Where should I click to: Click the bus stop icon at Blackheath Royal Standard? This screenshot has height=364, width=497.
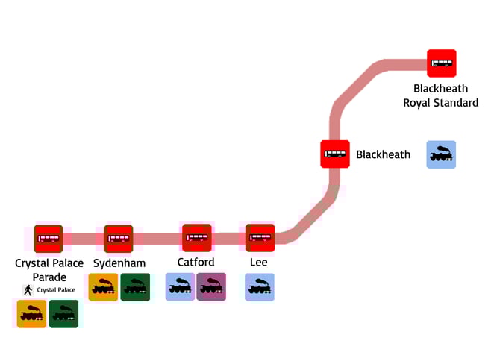click(x=441, y=63)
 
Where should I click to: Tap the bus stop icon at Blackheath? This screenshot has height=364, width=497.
click(x=335, y=154)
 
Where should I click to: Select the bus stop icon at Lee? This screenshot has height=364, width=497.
click(x=260, y=238)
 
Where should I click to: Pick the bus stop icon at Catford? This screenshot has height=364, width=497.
click(x=197, y=238)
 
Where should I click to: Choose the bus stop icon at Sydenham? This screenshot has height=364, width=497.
click(x=119, y=239)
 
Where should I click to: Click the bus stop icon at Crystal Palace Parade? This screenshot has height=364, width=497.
click(x=49, y=239)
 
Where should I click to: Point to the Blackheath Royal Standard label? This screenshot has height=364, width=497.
click(x=440, y=95)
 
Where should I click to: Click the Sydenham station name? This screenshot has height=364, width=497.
click(x=119, y=263)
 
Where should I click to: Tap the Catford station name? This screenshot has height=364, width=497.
click(x=196, y=262)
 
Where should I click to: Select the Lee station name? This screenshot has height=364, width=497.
click(x=258, y=262)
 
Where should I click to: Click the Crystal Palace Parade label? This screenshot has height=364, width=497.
click(x=49, y=269)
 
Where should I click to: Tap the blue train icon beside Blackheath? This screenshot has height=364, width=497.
click(x=441, y=154)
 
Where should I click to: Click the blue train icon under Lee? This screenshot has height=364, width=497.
click(x=260, y=287)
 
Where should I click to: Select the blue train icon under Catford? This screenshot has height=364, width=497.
click(x=180, y=287)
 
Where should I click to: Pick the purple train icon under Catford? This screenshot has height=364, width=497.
click(x=211, y=287)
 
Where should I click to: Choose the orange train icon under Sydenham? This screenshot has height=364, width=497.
click(x=103, y=287)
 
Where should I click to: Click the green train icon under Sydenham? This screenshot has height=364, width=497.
click(x=135, y=287)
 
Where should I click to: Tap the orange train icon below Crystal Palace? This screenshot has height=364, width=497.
click(x=32, y=314)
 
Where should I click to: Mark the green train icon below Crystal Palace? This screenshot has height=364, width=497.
click(x=63, y=314)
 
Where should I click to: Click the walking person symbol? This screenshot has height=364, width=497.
click(x=28, y=290)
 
